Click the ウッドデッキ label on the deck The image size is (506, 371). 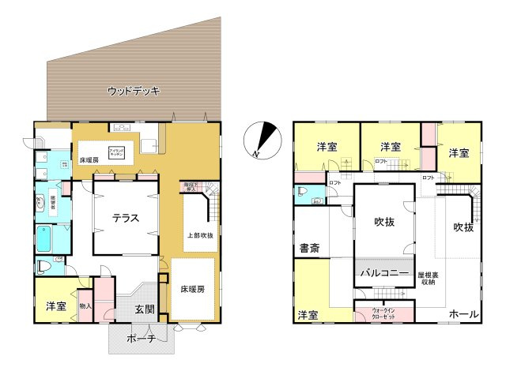coord(134,92)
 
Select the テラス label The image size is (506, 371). coord(126,219)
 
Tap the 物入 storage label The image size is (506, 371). coord(85,305)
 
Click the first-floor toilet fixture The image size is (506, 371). coord(43,267)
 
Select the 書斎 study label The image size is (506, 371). coord(309,249)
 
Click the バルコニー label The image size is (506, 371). coord(384,273)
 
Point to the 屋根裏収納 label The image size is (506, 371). coord(428,278)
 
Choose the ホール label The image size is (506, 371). coord(463,314)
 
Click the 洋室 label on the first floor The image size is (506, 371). coord(55,305)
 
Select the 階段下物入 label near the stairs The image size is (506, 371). coord(190,188)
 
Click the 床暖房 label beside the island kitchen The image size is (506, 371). coord(89,159)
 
